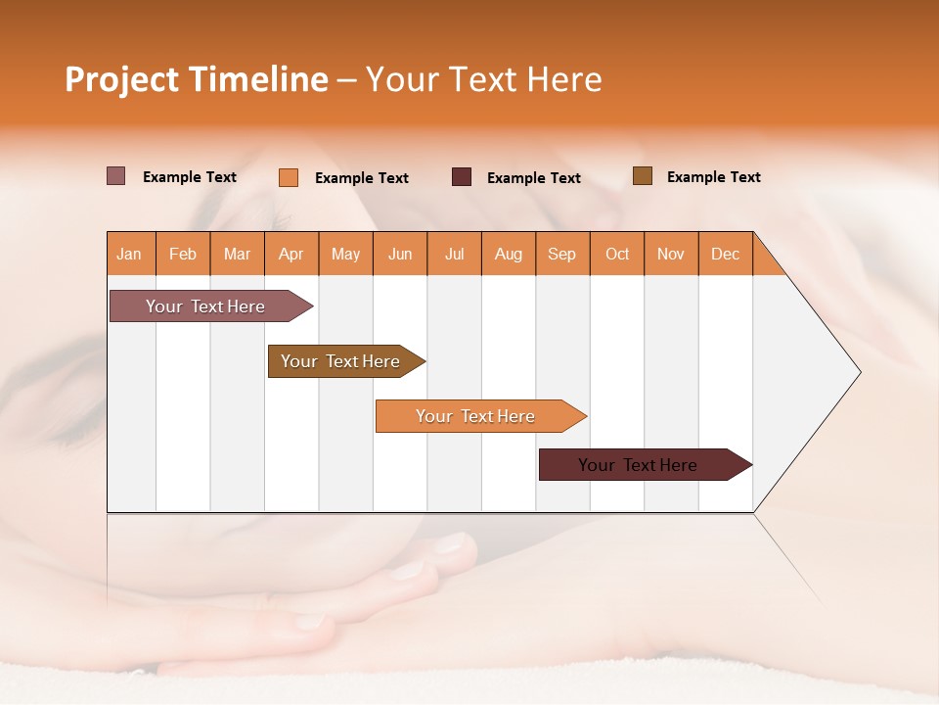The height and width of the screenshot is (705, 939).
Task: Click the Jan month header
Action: click(130, 254)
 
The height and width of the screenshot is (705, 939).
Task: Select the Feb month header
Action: click(183, 254)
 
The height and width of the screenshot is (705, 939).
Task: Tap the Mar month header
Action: click(237, 254)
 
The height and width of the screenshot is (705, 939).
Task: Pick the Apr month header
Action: click(291, 254)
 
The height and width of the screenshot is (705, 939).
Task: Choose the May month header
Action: click(345, 254)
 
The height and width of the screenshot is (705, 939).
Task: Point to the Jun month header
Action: click(400, 254)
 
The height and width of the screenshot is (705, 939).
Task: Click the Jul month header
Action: click(454, 254)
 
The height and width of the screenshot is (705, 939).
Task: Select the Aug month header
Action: click(509, 254)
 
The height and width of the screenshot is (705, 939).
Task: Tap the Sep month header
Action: click(562, 254)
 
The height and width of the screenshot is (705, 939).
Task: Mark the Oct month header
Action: click(617, 254)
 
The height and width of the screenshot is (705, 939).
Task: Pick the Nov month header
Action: click(671, 254)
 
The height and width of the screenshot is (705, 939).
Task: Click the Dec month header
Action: click(726, 254)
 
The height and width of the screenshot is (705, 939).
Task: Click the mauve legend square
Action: click(116, 176)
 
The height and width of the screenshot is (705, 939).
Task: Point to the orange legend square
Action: click(289, 177)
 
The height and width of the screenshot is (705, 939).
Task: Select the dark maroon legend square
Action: click(462, 177)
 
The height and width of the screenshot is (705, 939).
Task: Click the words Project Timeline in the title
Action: click(197, 79)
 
